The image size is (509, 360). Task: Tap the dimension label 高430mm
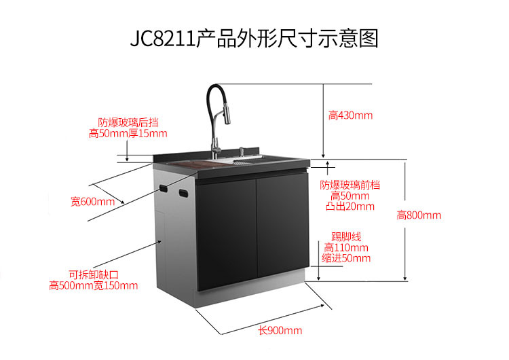click(x=351, y=115)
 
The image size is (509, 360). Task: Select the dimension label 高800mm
click(x=419, y=215)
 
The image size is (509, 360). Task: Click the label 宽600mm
click(x=93, y=202)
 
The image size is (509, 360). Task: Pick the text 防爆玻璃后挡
click(x=128, y=123)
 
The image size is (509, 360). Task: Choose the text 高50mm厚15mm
click(x=128, y=134)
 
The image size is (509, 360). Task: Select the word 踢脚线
click(x=347, y=237)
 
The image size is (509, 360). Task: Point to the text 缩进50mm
click(x=347, y=258)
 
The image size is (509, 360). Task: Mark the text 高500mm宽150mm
click(x=94, y=286)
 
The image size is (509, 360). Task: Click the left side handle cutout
click(x=164, y=187)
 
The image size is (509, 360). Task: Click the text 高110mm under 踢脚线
click(x=347, y=248)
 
